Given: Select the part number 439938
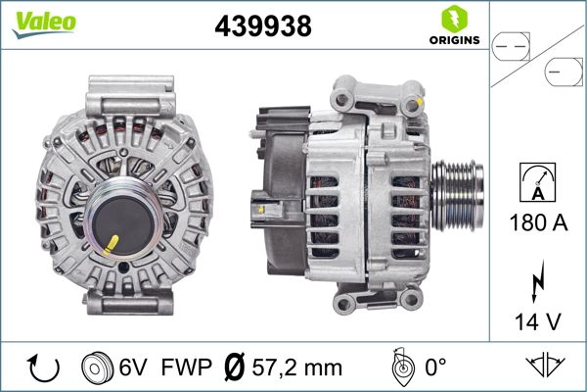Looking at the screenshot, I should point(262,27).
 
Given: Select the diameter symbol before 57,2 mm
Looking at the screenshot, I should point(236,368).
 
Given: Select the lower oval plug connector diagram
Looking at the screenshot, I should point(563,71).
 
